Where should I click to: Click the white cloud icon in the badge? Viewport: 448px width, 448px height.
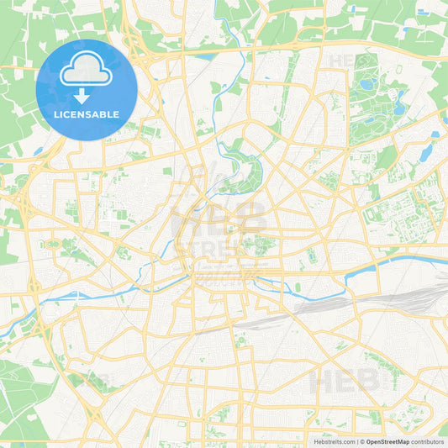tap(87, 73)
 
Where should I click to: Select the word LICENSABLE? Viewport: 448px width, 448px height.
tap(87, 114)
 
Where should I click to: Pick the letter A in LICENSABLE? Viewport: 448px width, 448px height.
tap(98, 114)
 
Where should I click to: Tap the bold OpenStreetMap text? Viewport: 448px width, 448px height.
tap(393, 441)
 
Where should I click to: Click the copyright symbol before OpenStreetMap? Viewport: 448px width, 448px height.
tap(362, 441)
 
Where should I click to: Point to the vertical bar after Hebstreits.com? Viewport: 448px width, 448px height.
tap(356, 441)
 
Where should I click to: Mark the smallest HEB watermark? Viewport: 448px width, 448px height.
tap(342, 61)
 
